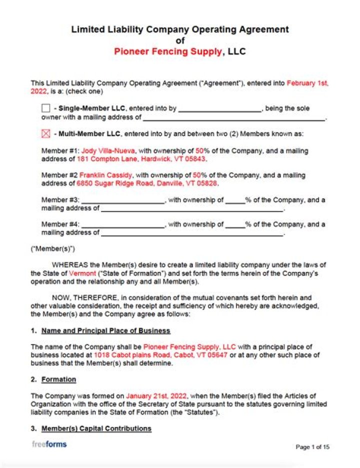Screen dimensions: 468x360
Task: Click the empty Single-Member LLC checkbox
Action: click(45, 108)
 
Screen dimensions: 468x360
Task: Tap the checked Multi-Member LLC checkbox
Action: click(45, 134)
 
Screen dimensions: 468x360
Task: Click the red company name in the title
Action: click(168, 51)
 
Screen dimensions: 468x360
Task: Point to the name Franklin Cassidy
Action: click(105, 175)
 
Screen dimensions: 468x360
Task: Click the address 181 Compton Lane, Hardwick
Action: click(141, 159)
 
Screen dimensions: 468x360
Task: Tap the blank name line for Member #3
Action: click(123, 200)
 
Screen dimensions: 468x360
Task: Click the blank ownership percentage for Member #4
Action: click(234, 225)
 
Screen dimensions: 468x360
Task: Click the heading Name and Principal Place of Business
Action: click(105, 330)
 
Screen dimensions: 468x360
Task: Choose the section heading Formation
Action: click(58, 379)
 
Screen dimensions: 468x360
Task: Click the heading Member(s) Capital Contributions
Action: click(96, 428)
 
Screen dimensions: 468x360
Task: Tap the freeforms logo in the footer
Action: click(49, 444)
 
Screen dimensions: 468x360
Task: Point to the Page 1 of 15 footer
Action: click(312, 447)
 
